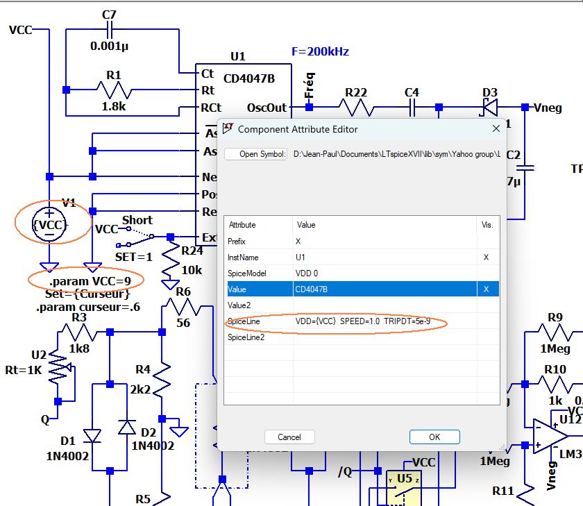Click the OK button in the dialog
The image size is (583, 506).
pyautogui.click(x=434, y=437)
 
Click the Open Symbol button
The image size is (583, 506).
pyautogui.click(x=256, y=154)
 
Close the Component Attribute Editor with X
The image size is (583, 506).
pyautogui.click(x=496, y=128)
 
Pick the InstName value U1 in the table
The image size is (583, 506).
pyautogui.click(x=301, y=257)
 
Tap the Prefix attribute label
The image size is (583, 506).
pyautogui.click(x=238, y=241)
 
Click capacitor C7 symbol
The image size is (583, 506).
pyautogui.click(x=110, y=31)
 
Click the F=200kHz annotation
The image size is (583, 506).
pyautogui.click(x=320, y=52)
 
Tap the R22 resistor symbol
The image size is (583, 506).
pyautogui.click(x=356, y=107)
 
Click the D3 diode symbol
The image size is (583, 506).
pyautogui.click(x=490, y=107)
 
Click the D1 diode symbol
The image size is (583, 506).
pyautogui.click(x=92, y=436)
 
